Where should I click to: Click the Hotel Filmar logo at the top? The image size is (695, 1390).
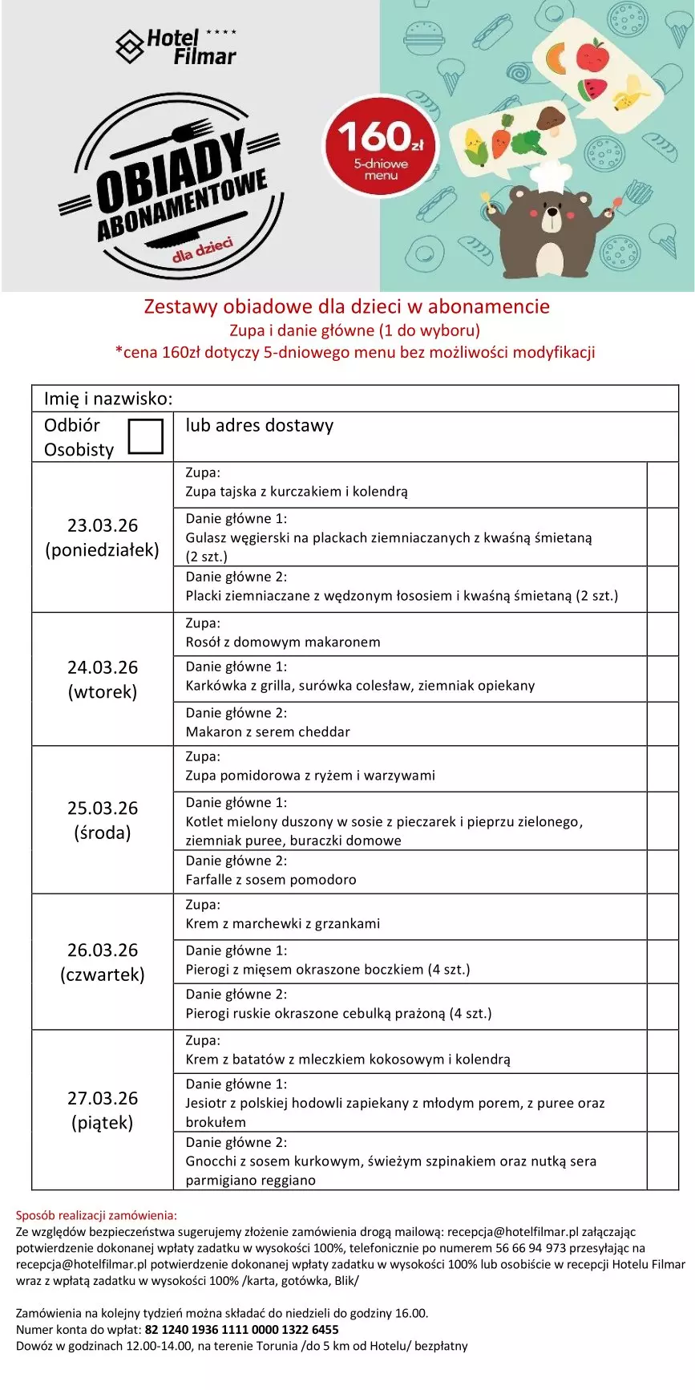(176, 47)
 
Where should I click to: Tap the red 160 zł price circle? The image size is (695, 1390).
(381, 146)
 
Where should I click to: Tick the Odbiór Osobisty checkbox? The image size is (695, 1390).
(145, 436)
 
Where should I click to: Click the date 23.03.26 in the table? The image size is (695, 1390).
(103, 525)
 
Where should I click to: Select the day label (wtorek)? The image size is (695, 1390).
(103, 691)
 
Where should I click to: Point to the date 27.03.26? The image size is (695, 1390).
(103, 1098)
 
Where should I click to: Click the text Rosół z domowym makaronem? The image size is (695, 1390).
(283, 642)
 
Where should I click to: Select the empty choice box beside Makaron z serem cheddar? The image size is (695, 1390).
(662, 723)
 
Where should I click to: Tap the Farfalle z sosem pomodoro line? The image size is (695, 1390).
(271, 879)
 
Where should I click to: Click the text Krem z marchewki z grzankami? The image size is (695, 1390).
(283, 923)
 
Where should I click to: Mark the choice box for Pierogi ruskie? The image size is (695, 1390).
(662, 1007)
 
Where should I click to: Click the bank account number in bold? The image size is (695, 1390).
(241, 1329)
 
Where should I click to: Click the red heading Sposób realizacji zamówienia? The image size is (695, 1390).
(96, 1215)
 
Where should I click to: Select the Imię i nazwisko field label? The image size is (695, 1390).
(108, 399)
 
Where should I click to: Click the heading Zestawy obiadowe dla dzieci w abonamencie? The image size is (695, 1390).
(346, 306)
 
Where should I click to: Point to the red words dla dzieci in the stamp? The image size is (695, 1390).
(203, 249)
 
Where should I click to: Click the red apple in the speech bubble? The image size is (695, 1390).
(592, 55)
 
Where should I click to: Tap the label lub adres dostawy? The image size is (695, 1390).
(259, 426)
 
